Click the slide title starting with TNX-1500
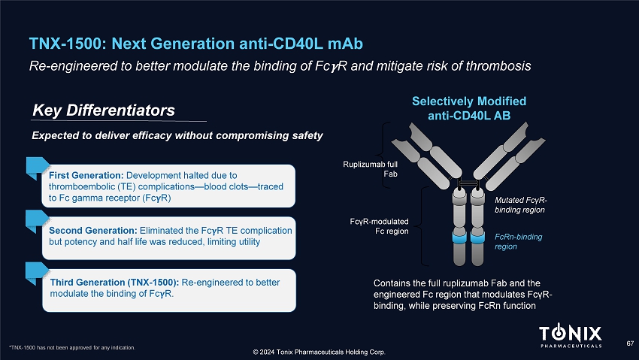196,44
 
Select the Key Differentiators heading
104,110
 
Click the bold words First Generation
86,176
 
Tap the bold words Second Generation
93,231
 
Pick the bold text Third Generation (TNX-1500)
114,283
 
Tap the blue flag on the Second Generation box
37,220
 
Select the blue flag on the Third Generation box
37,273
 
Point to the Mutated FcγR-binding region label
521,205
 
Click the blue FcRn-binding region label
519,241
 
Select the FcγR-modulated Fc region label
379,226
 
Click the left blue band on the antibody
459,237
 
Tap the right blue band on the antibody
477,237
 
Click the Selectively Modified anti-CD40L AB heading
469,108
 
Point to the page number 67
630,343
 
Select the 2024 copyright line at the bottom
319,352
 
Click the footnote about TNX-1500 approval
72,348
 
